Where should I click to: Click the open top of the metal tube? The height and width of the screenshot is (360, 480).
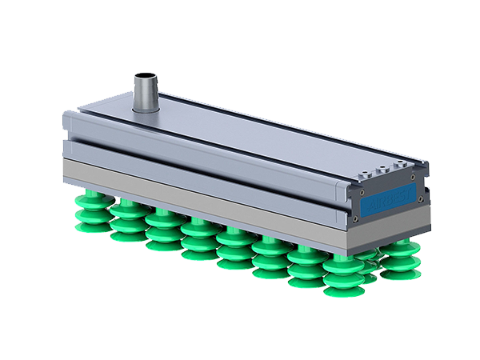coord(144,77)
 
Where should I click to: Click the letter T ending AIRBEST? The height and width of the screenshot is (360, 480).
coord(407,194)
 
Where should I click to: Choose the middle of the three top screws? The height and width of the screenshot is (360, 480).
coord(382,170)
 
